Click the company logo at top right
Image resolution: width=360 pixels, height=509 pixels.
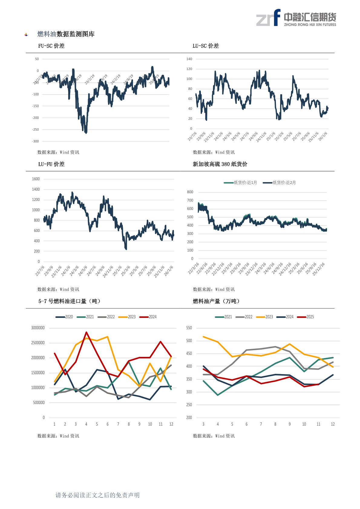pyautogui.click(x=296, y=18)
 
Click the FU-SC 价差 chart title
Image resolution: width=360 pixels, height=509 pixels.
pyautogui.click(x=51, y=46)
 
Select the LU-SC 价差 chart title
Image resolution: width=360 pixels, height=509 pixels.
pyautogui.click(x=205, y=46)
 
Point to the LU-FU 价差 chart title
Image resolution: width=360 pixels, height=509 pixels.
pyautogui.click(x=51, y=164)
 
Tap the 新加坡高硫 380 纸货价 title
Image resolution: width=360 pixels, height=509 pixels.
pyautogui.click(x=220, y=164)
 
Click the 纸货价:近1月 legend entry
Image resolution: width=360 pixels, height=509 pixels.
pyautogui.click(x=241, y=183)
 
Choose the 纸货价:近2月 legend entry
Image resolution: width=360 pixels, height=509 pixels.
pyautogui.click(x=280, y=183)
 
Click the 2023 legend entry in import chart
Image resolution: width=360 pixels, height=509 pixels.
pyautogui.click(x=127, y=317)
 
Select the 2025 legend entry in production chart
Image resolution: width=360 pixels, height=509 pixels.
pyautogui.click(x=306, y=317)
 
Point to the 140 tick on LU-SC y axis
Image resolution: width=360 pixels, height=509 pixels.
pyautogui.click(x=189, y=59)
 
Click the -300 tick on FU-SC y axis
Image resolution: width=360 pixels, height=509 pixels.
pyautogui.click(x=35, y=141)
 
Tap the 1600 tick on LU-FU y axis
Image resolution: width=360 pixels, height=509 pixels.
pyautogui.click(x=36, y=179)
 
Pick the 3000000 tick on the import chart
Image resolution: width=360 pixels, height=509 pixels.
pyautogui.click(x=38, y=328)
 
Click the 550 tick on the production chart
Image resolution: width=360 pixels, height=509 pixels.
pyautogui.click(x=189, y=328)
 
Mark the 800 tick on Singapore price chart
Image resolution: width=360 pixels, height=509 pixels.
pyautogui.click(x=190, y=192)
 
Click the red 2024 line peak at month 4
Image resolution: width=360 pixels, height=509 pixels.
pyautogui.click(x=86, y=332)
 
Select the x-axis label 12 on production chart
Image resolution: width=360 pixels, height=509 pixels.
pyautogui.click(x=333, y=424)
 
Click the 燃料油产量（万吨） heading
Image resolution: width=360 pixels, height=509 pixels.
pyautogui.click(x=217, y=301)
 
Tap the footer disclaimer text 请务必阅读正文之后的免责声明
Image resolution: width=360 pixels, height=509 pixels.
pyautogui.click(x=97, y=495)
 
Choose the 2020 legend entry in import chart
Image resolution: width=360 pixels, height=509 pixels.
pyautogui.click(x=64, y=317)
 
